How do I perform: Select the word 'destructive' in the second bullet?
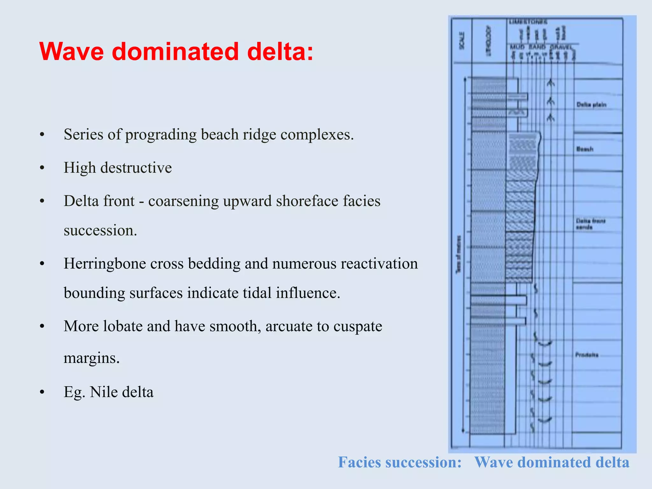coord(136,168)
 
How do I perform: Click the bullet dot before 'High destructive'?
coord(42,168)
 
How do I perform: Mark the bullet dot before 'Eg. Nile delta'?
coord(42,392)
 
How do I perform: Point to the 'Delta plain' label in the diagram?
coord(591,105)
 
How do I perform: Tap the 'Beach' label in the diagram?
coord(585,149)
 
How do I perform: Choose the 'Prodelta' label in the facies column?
coord(587,355)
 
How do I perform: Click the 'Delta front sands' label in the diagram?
coord(590,224)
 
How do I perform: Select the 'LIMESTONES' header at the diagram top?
coord(528,22)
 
